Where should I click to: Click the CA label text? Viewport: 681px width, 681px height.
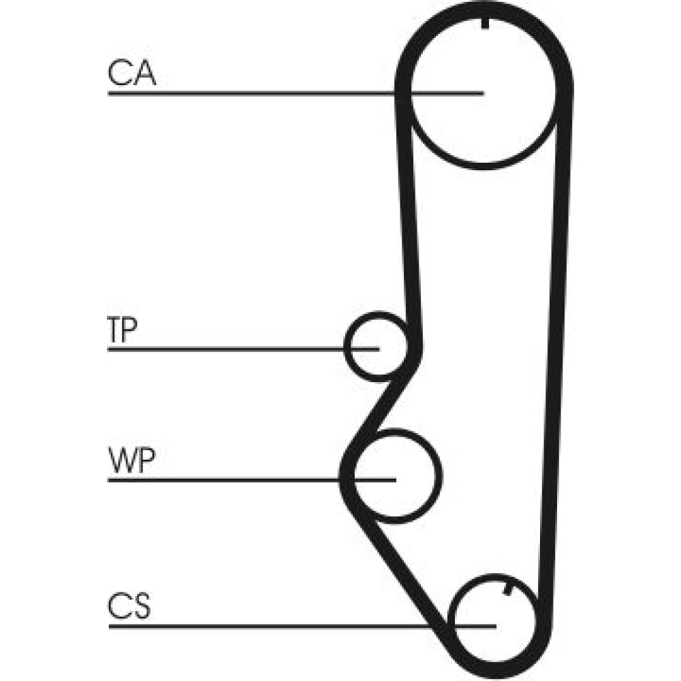pos(131,73)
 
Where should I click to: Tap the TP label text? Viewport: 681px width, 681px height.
pos(123,330)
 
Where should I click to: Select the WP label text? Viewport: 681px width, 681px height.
pos(131,460)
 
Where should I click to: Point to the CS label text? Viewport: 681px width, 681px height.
pos(129,605)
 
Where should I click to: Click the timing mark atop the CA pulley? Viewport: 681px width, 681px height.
pos(485,24)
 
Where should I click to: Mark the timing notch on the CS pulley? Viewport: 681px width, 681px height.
pos(507,590)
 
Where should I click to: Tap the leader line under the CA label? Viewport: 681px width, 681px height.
pos(296,93)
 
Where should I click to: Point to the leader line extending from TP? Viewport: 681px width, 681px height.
pos(243,349)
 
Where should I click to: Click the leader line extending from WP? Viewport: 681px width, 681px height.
pos(252,480)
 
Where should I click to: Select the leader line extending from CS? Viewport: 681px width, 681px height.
pos(302,627)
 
